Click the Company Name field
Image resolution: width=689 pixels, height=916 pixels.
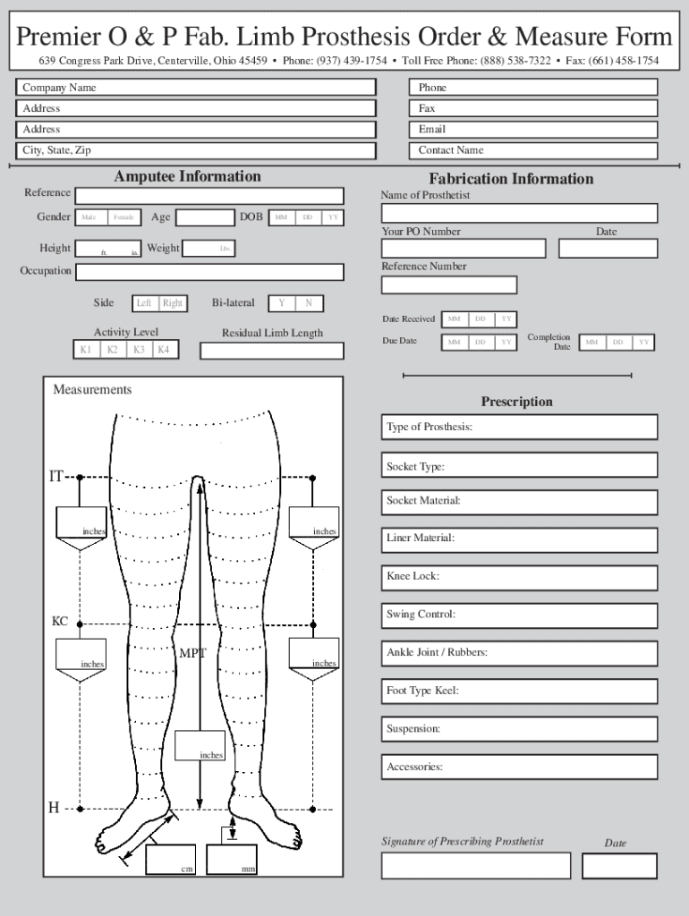(x=196, y=88)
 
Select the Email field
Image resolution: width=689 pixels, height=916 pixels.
(x=534, y=129)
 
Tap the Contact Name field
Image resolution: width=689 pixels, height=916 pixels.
(x=534, y=150)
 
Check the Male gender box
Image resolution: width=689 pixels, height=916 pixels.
(x=90, y=217)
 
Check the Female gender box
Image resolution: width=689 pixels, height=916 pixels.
(x=123, y=217)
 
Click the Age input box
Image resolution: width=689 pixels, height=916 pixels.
(x=205, y=217)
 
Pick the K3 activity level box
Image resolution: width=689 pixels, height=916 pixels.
(x=139, y=350)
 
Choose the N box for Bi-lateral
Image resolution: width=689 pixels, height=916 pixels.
(x=309, y=303)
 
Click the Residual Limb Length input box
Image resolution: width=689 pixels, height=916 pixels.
(x=271, y=351)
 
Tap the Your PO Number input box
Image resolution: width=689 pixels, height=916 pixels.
(x=463, y=249)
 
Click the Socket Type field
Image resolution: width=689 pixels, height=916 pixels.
(x=520, y=465)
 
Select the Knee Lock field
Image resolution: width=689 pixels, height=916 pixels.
(x=520, y=577)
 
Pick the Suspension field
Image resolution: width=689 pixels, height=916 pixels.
(x=520, y=729)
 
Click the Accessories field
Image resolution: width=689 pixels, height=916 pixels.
(x=520, y=768)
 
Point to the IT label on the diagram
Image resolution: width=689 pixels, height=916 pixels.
(x=55, y=477)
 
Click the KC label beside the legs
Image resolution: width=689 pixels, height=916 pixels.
(x=59, y=622)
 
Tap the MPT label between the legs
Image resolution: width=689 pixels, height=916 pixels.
(x=192, y=654)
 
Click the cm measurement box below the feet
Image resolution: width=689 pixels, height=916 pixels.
(x=172, y=860)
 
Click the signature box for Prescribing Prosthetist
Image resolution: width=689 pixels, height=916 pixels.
(x=475, y=866)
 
